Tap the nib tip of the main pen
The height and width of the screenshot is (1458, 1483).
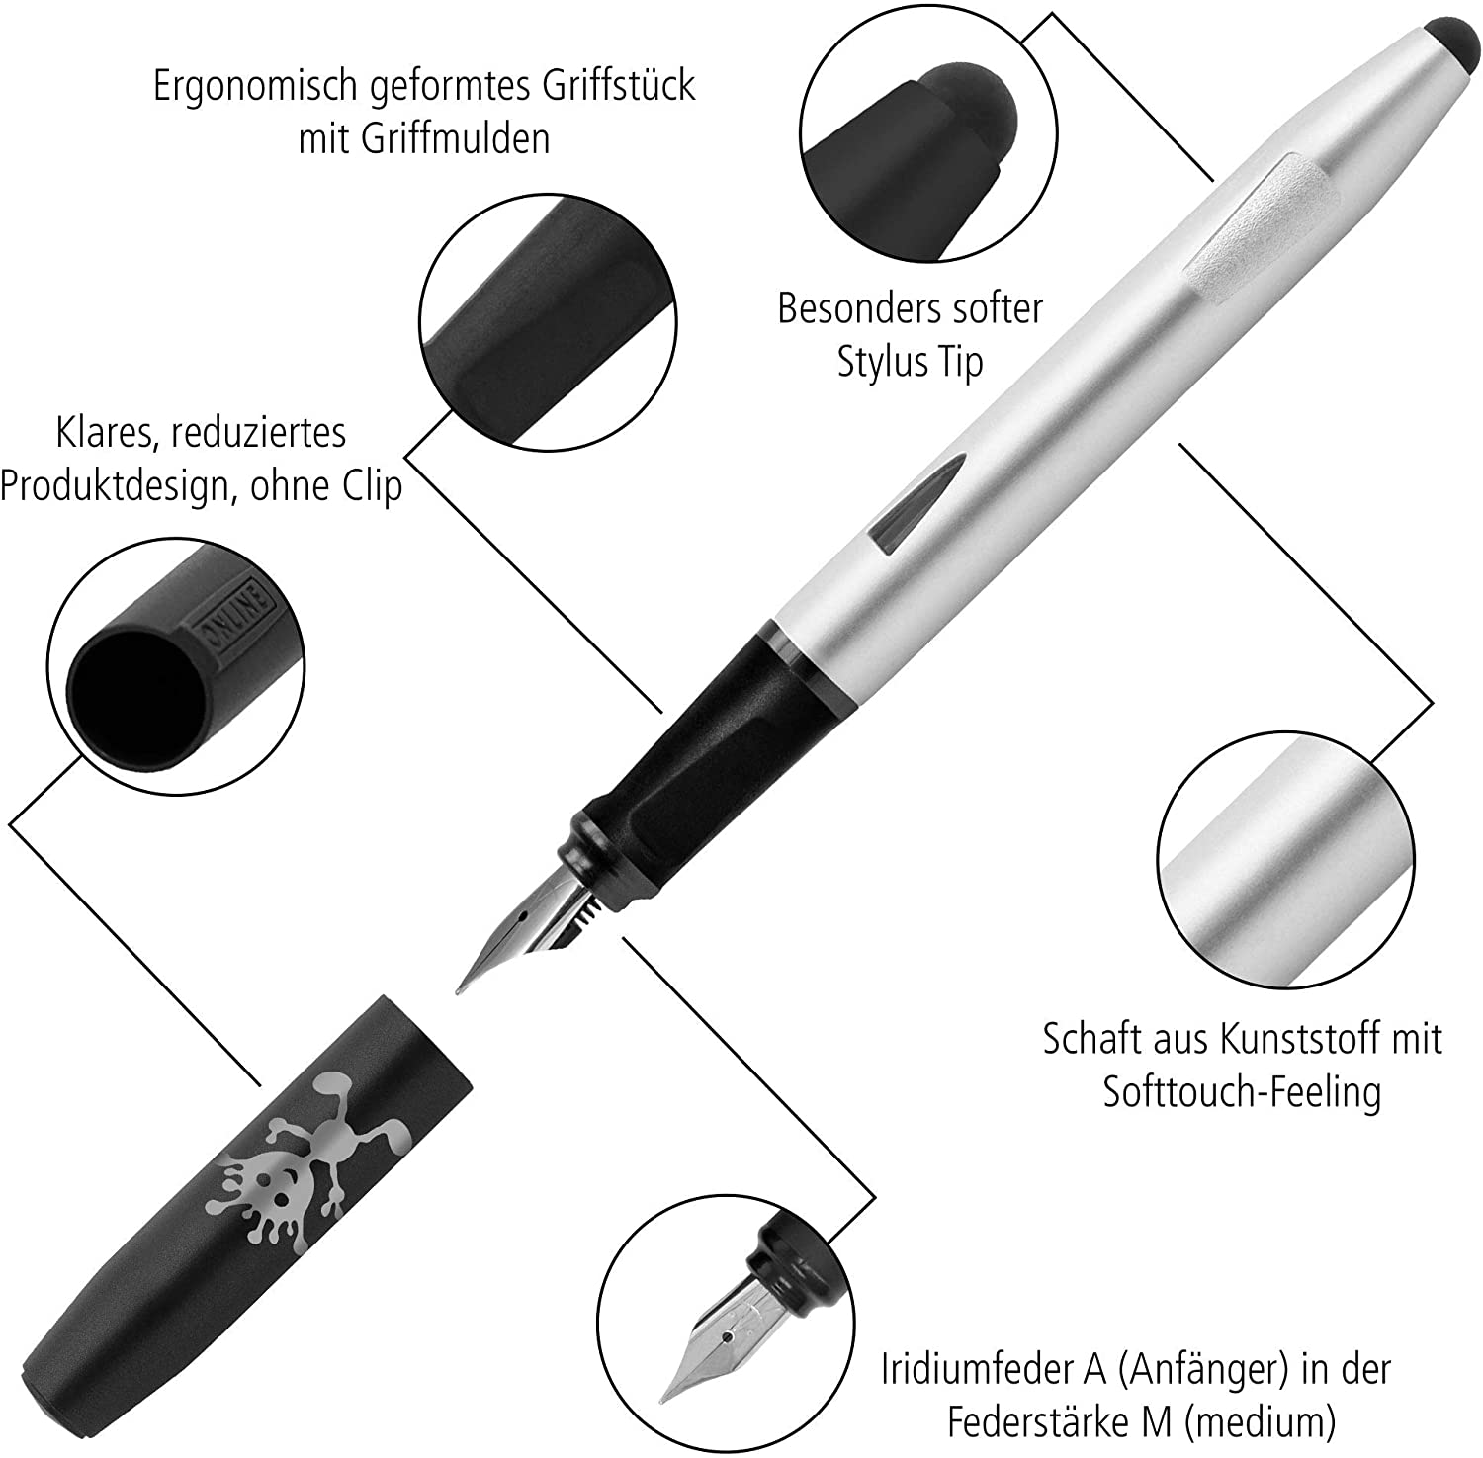pyautogui.click(x=459, y=989)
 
